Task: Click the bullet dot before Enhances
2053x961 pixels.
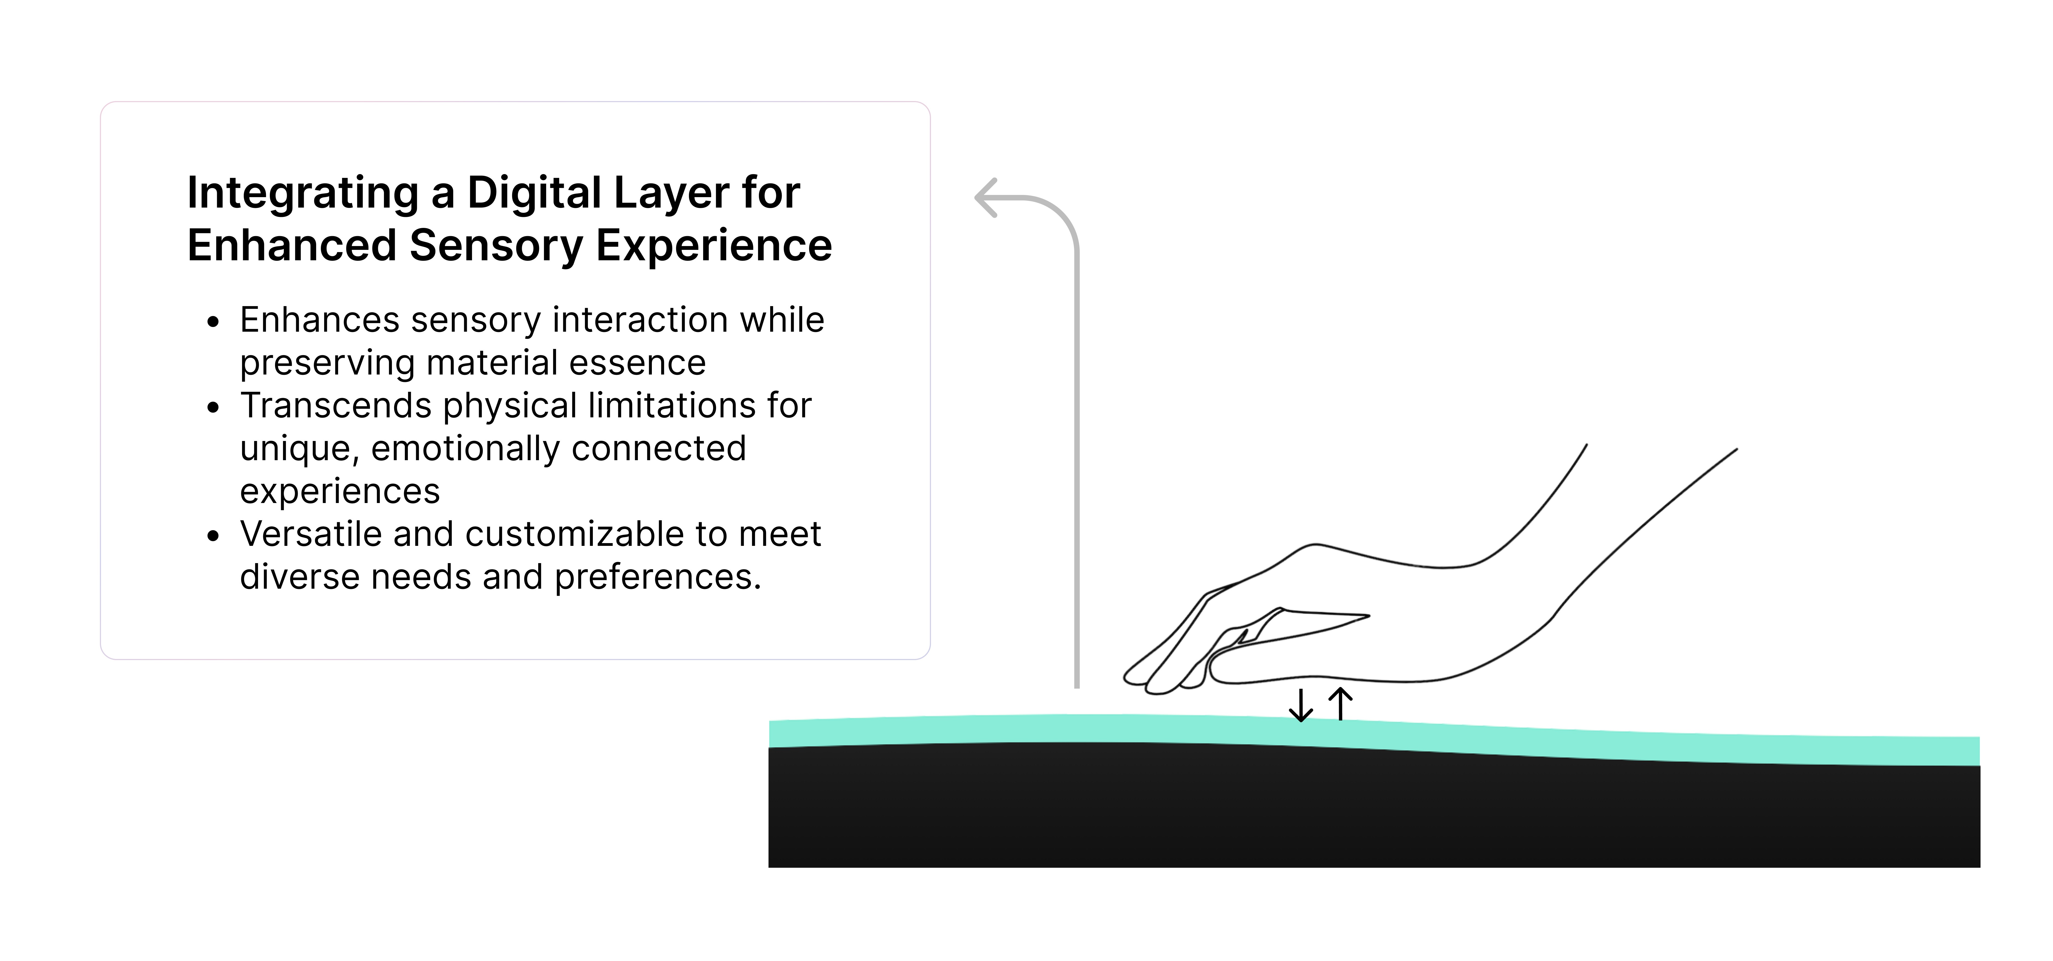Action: [x=213, y=322]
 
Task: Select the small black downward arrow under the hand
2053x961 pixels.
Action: [x=1301, y=706]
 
